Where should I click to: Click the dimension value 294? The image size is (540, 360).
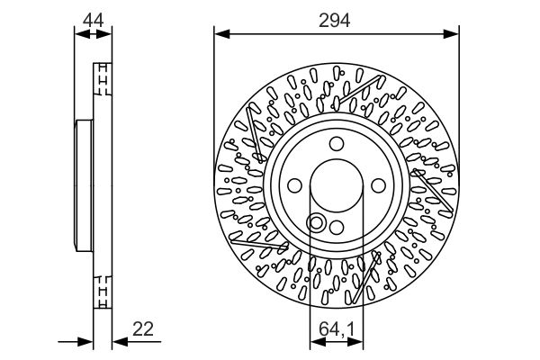[334, 21]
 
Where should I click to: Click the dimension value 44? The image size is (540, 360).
[93, 21]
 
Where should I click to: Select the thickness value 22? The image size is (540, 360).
[143, 329]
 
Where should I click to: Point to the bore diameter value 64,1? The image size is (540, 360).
[337, 329]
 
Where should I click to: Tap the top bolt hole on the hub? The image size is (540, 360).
[337, 144]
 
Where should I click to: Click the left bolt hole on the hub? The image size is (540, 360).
[294, 185]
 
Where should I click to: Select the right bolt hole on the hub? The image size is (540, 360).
[379, 185]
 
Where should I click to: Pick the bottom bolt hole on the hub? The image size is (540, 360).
[337, 228]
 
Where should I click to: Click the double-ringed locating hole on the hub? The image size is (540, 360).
[316, 223]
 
